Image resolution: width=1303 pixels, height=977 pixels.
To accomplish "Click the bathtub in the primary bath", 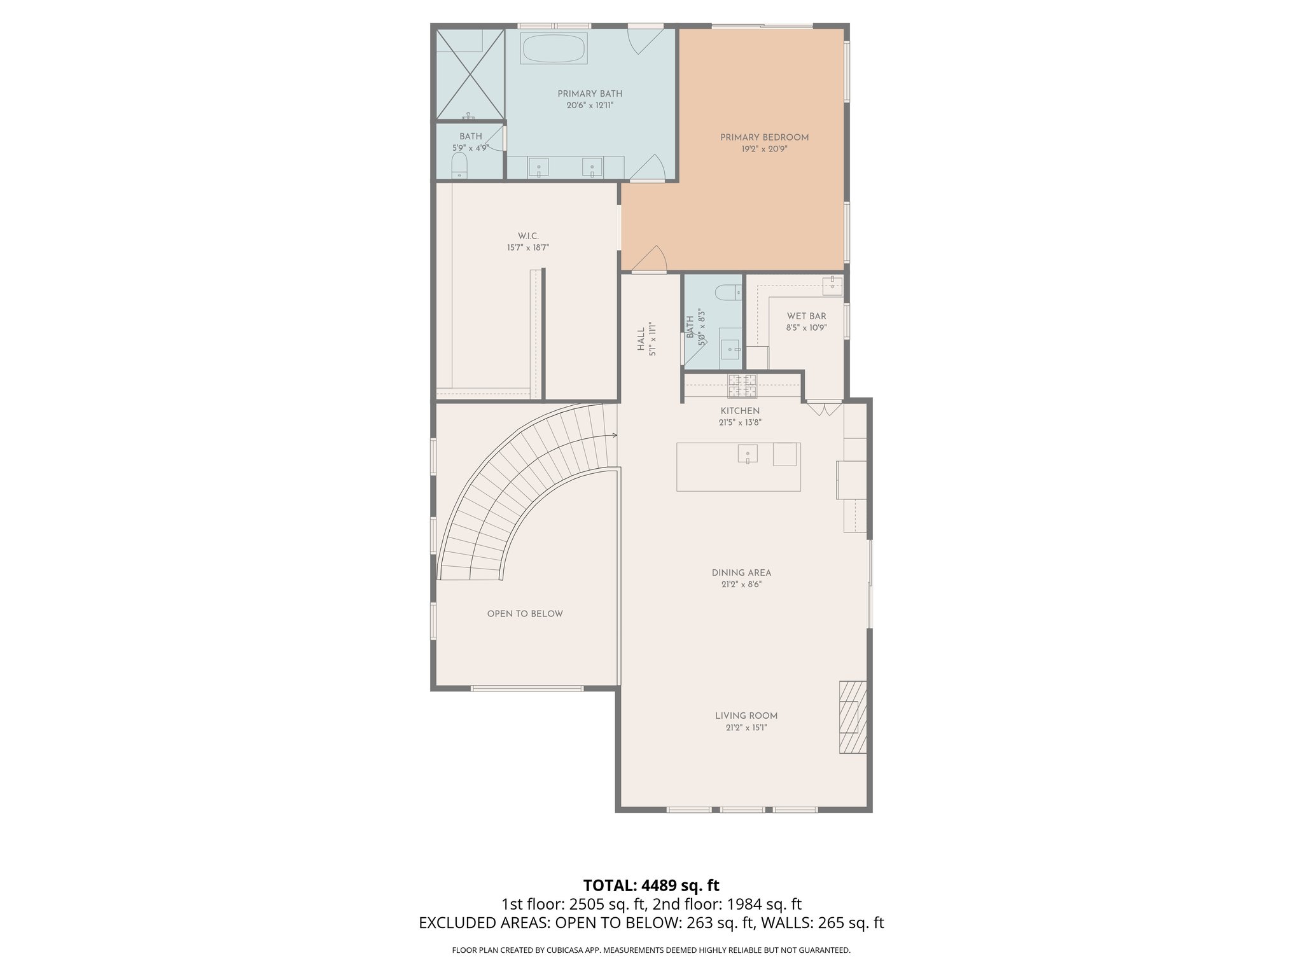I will pos(554,48).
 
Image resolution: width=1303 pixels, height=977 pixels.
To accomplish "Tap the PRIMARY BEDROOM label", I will pos(764,137).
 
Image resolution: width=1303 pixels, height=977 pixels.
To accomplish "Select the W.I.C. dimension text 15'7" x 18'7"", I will pos(527,248).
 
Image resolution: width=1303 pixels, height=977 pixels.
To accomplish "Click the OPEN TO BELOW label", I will pos(525,614).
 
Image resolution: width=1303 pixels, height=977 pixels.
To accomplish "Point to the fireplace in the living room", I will pos(853,717).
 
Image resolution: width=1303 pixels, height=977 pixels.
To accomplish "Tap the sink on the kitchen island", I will pos(748,454).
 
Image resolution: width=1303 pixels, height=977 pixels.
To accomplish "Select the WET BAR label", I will pos(806,316).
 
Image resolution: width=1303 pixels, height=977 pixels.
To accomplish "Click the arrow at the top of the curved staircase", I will pos(614,436).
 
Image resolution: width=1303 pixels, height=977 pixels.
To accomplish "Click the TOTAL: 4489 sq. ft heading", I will pos(651,885).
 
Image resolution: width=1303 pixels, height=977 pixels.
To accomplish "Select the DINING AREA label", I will pos(741,573).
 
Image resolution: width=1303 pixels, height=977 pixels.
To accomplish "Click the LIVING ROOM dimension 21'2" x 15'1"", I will pos(746,728).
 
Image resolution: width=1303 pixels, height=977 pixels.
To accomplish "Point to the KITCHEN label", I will pos(740,411).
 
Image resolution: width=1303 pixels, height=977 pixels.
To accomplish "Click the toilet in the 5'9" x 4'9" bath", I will pos(459,168).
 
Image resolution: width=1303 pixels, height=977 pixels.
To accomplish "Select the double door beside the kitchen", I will pos(824,407).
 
